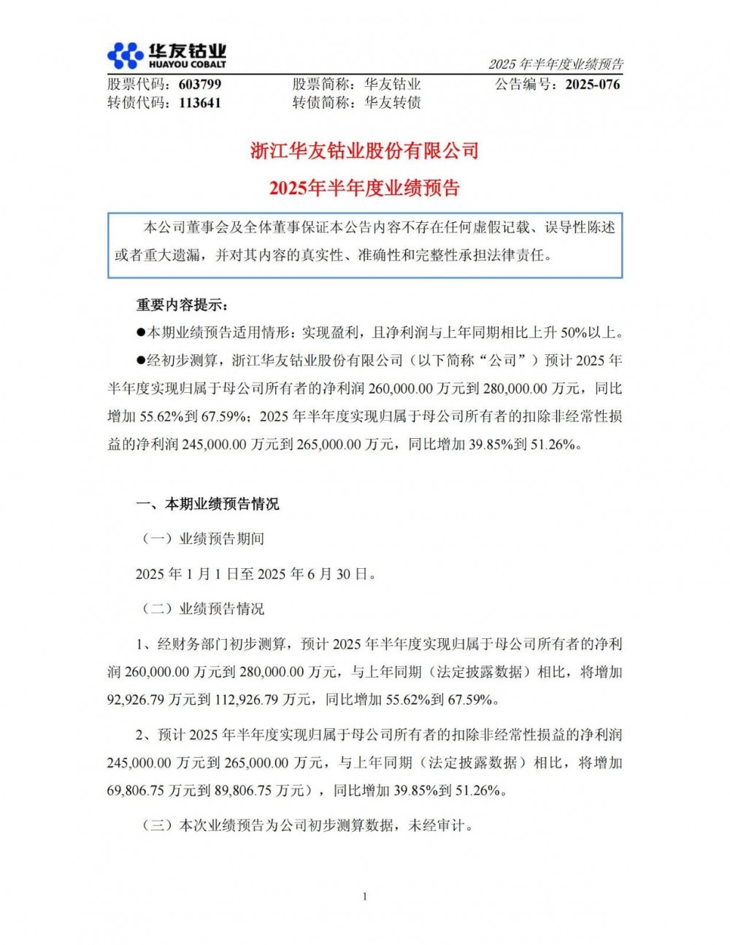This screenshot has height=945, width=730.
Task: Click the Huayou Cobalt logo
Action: coord(166,56)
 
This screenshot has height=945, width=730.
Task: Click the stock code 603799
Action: coord(199,84)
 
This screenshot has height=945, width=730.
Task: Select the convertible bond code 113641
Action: coord(199,103)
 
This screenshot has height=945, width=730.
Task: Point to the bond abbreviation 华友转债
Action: coord(393,103)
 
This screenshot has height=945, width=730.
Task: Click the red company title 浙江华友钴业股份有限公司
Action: coord(364,151)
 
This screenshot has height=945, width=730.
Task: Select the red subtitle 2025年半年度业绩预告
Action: coord(364,188)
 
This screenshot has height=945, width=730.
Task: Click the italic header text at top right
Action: coord(556,64)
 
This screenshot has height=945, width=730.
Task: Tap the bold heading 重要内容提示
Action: coord(182,305)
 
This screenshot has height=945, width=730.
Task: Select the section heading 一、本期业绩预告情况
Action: coord(207,504)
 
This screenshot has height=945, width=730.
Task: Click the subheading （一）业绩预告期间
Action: coord(202,539)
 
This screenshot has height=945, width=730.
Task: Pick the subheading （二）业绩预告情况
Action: coord(202,609)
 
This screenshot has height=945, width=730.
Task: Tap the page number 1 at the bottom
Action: coord(364,897)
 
